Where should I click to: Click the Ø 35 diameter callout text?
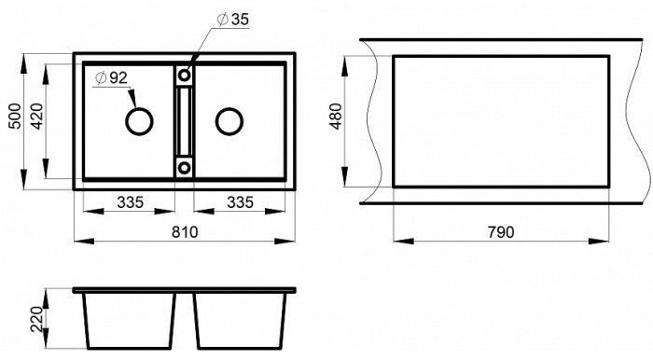(233, 20)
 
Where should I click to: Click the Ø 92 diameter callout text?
(111, 77)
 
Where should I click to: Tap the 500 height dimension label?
(15, 117)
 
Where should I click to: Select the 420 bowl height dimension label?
(37, 117)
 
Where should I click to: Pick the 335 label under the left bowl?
(130, 202)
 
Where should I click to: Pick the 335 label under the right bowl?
(240, 202)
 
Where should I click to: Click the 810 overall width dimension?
(185, 232)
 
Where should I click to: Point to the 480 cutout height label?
(336, 117)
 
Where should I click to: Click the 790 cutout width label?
(501, 232)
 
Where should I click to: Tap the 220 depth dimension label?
(37, 319)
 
